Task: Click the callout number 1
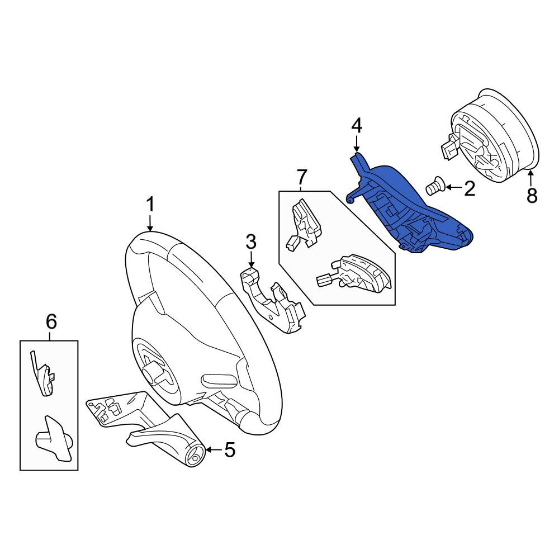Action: [x=150, y=205]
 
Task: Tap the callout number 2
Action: [x=470, y=188]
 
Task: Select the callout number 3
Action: [x=251, y=241]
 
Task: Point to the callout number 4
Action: [x=357, y=126]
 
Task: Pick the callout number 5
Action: [x=230, y=449]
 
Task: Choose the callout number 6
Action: [x=51, y=322]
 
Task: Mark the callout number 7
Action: [x=302, y=177]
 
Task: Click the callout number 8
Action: [x=532, y=195]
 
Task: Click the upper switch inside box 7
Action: [x=304, y=225]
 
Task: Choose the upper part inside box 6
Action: [x=44, y=375]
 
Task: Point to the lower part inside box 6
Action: [x=54, y=438]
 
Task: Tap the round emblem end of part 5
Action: [x=195, y=457]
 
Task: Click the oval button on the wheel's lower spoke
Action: [x=219, y=381]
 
